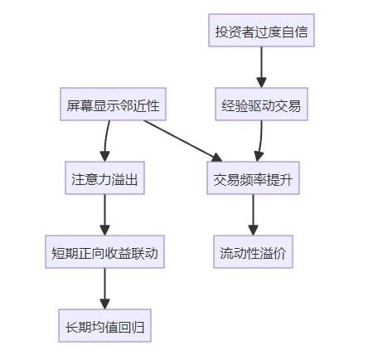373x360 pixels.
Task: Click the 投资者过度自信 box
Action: pyautogui.click(x=261, y=32)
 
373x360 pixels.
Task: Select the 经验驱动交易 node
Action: pyautogui.click(x=261, y=105)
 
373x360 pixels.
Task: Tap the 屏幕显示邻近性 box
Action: pyautogui.click(x=113, y=105)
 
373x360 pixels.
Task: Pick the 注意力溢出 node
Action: pyautogui.click(x=104, y=178)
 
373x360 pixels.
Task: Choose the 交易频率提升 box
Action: pyautogui.click(x=254, y=178)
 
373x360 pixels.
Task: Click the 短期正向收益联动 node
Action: pyautogui.click(x=104, y=251)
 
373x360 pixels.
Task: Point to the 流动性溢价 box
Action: pyautogui.click(x=254, y=251)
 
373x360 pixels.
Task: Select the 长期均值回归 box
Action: pyautogui.click(x=104, y=324)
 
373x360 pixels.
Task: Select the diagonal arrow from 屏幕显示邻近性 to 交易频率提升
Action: pyautogui.click(x=182, y=140)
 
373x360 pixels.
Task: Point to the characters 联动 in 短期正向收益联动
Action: pyautogui.click(x=144, y=251)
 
